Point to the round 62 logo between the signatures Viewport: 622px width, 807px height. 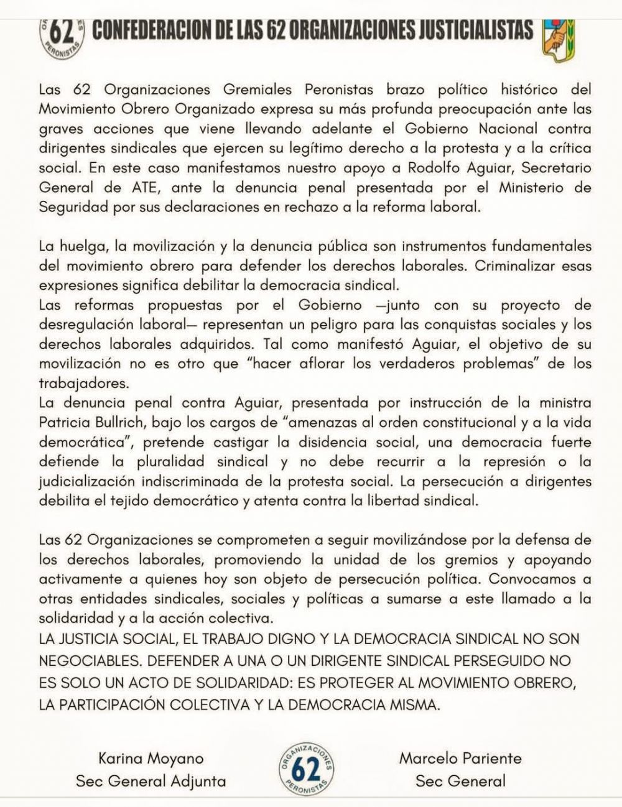coord(305,769)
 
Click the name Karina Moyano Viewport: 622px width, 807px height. coord(151,758)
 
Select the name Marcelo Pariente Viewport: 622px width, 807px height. coord(460,758)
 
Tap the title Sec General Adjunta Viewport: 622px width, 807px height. coord(151,781)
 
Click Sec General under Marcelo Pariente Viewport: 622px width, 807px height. coord(460,781)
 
